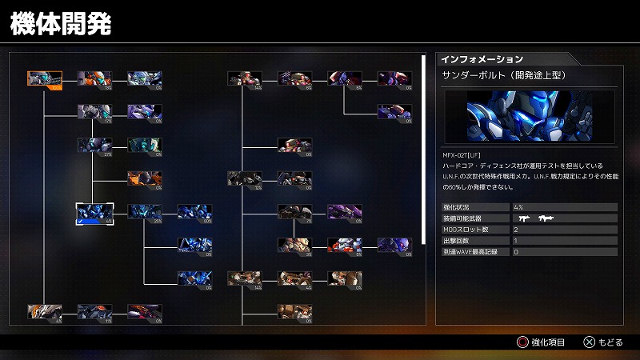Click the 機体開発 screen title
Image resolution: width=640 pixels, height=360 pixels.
pos(60,22)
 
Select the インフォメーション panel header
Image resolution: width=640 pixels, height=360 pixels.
pos(482,59)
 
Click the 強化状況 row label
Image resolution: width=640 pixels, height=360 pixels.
pos(457,207)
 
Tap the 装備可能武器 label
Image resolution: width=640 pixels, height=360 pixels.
pos(462,218)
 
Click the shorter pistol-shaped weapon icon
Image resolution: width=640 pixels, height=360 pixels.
pos(525,218)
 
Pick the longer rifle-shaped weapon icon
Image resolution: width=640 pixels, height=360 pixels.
pos(548,218)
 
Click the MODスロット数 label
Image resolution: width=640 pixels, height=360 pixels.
pos(463,229)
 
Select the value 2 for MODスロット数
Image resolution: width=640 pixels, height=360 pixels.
pos(516,229)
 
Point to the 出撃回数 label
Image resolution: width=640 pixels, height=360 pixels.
pos(457,240)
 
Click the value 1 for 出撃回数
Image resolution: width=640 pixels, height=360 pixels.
pos(516,240)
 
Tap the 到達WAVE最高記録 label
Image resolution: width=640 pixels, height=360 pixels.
pos(470,251)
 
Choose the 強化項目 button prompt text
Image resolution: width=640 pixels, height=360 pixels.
pos(550,342)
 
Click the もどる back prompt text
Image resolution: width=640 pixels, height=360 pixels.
pos(610,342)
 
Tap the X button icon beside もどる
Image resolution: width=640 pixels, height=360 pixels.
pos(589,342)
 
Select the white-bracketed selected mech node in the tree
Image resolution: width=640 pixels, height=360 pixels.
pos(93,212)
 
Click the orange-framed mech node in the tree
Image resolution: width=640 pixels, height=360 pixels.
pos(44,78)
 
